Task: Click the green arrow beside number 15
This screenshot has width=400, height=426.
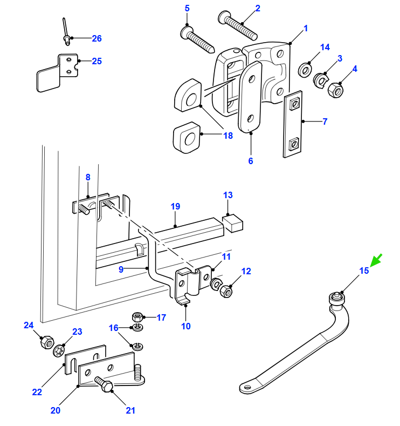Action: coord(376,260)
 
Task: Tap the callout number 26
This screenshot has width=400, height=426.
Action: coord(96,38)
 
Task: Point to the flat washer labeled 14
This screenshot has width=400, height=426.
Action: coord(305,70)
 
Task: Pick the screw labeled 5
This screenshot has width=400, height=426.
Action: coord(197,39)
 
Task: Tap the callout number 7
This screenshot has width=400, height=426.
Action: coord(325,121)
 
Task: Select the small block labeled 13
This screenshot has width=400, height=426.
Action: coord(232,224)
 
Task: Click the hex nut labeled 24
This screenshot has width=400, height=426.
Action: coord(47,342)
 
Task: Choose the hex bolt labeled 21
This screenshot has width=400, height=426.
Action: coord(104,384)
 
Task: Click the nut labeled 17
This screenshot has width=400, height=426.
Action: coord(137,317)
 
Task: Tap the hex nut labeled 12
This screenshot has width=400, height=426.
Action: coord(226,291)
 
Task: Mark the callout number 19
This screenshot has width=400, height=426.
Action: coord(175,206)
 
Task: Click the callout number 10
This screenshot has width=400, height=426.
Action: coord(186,326)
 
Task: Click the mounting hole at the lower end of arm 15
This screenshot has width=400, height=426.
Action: coord(247,387)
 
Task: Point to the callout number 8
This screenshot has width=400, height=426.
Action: coord(88,177)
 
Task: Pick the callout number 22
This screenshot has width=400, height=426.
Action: coord(37,392)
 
